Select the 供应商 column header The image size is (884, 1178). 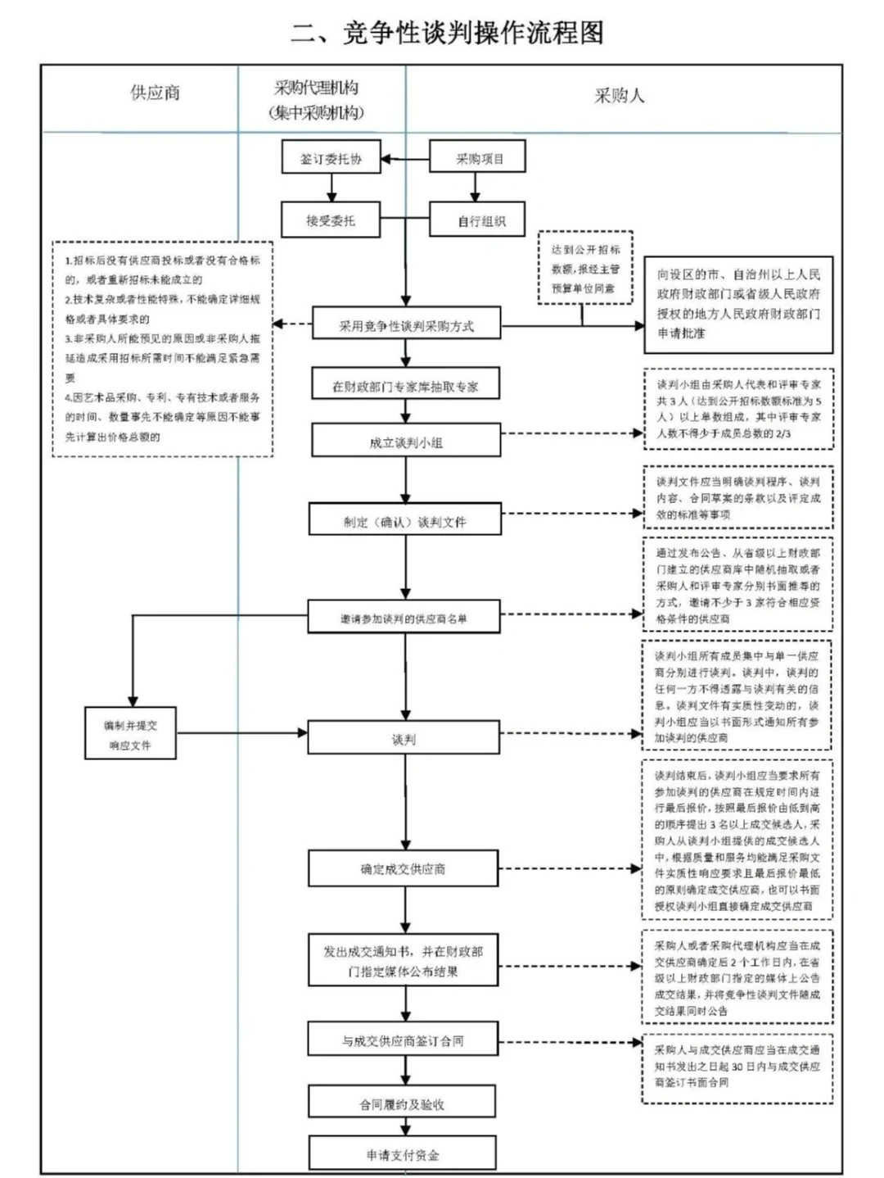pos(155,93)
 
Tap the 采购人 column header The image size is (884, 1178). pos(620,96)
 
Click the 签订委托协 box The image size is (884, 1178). pos(331,158)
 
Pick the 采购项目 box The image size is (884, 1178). pos(478,158)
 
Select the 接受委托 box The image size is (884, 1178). pos(331,220)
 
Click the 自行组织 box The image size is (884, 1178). pos(478,221)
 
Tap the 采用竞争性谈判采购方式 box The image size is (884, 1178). pos(406,325)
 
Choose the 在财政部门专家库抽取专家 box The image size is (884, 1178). pos(405,386)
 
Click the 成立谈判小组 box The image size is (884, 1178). pos(405,442)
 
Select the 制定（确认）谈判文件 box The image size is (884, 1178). pos(404,521)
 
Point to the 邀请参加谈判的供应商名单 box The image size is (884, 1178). pos(404,618)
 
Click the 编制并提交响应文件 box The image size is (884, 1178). pos(131,735)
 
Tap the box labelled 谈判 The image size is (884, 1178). pos(404,739)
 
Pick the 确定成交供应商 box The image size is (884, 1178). pos(404,868)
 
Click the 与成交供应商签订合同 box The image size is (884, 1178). pos(403,1040)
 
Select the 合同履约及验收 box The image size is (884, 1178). pos(402,1103)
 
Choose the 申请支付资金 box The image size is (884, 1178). pos(402,1154)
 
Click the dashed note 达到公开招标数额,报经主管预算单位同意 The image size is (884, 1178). pos(585,269)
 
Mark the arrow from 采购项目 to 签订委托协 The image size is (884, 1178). pos(406,159)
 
